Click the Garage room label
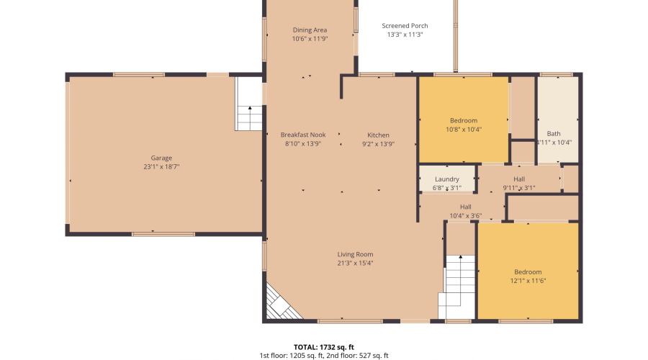point(161,158)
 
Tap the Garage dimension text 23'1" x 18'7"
point(161,166)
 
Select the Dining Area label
point(310,30)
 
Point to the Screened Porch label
point(405,26)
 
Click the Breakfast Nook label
point(303,135)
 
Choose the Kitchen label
point(378,135)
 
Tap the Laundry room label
point(447,179)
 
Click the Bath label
point(554,133)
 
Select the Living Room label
point(356,254)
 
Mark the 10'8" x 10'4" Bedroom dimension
point(464,130)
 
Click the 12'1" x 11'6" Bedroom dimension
point(528,281)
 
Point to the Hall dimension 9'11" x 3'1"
point(519,188)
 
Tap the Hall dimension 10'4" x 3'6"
point(465,215)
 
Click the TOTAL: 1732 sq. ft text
point(323,346)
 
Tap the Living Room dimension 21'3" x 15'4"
point(356,263)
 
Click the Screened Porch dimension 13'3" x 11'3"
point(405,35)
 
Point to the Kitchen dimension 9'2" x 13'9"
point(378,143)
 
